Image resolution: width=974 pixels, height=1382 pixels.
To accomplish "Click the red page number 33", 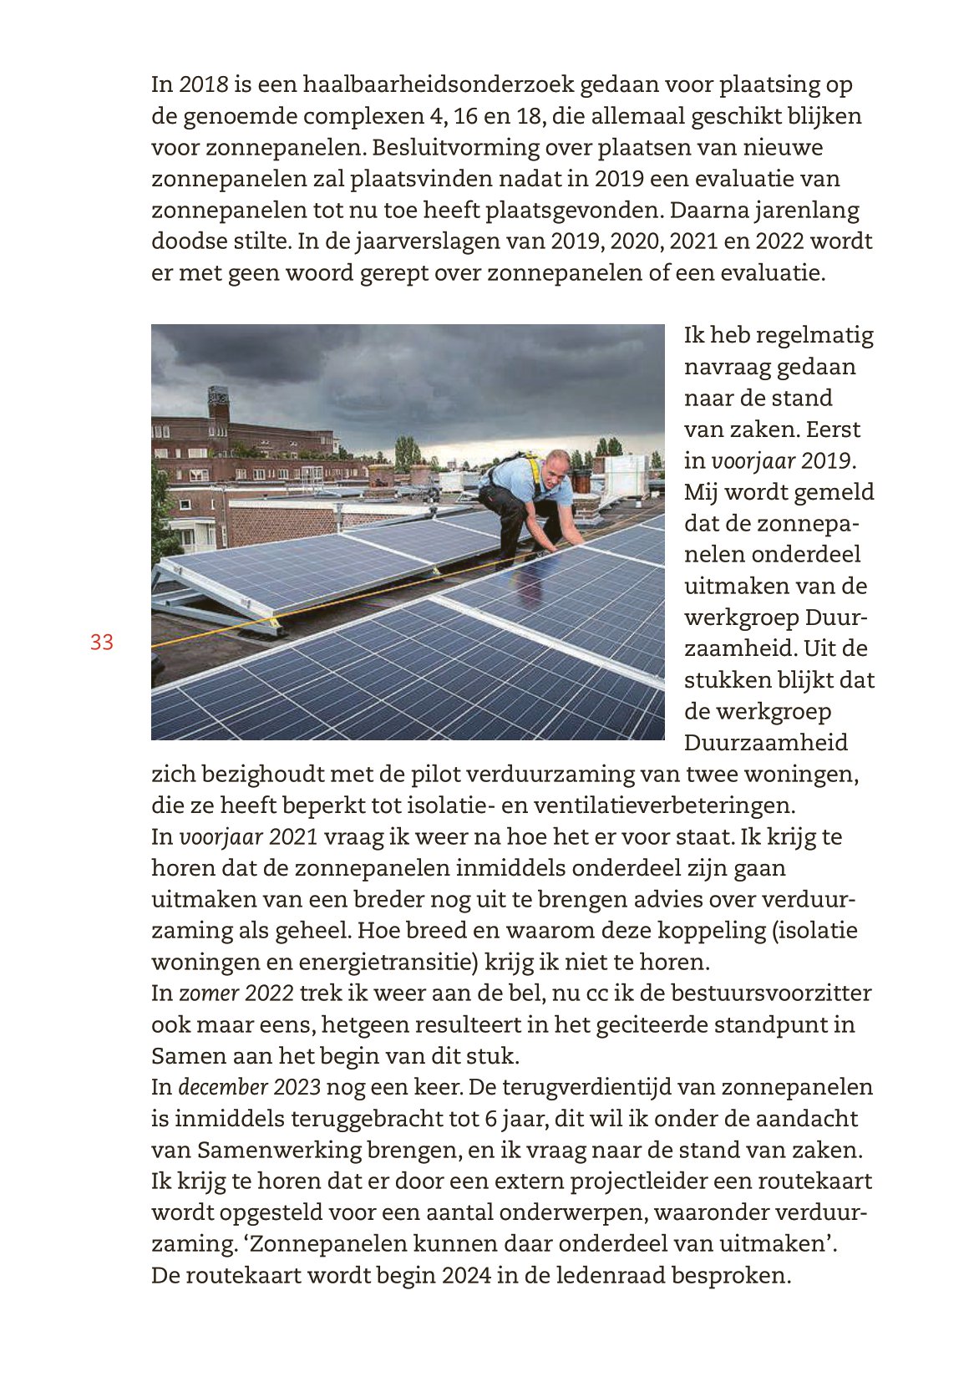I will tap(102, 643).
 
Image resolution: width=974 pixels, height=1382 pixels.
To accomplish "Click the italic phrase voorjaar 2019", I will tap(782, 460).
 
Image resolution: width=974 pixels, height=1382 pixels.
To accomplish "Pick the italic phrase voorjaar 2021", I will tap(249, 837).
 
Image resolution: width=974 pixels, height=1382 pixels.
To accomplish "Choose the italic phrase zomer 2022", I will tap(236, 993).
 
